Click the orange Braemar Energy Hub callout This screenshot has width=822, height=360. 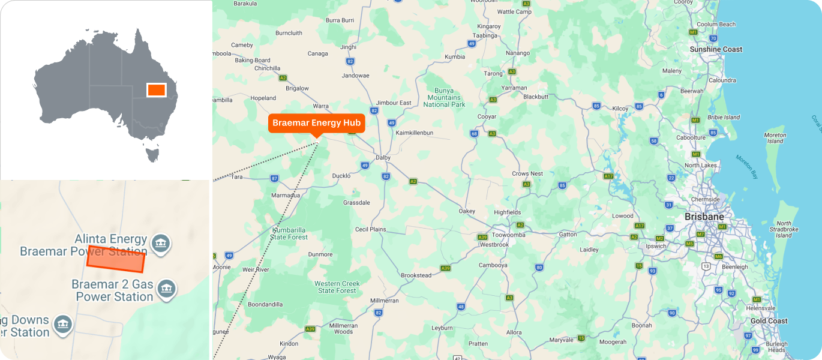[316, 123]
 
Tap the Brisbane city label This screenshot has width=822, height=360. [704, 217]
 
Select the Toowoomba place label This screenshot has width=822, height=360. [508, 235]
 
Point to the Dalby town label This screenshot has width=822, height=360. [382, 158]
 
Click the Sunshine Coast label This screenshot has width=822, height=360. [716, 49]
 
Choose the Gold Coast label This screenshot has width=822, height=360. [769, 321]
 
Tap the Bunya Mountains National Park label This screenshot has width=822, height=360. [444, 97]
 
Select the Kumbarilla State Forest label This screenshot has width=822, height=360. [289, 233]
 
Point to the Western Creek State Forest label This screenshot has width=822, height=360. [337, 287]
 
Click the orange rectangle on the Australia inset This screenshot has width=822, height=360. [156, 89]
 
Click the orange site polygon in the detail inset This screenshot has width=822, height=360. [116, 259]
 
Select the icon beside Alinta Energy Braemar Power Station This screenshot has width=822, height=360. [160, 243]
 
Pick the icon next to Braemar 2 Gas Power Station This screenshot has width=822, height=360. [166, 290]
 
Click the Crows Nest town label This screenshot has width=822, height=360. [527, 173]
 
